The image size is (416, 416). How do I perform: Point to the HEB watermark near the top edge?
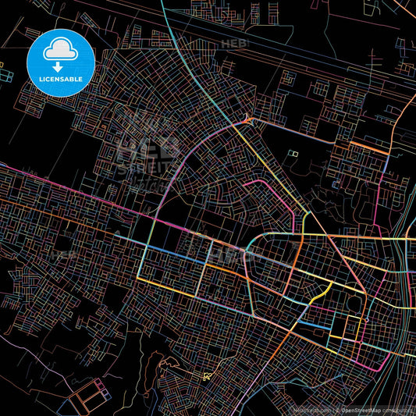[233, 44]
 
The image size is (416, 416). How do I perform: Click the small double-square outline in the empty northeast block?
[293, 154]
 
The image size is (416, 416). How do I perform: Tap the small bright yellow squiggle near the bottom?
[207, 376]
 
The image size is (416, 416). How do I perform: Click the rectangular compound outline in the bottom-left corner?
[85, 399]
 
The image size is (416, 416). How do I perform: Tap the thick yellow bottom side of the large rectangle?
[172, 279]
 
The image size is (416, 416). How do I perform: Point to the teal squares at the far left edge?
[6, 76]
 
